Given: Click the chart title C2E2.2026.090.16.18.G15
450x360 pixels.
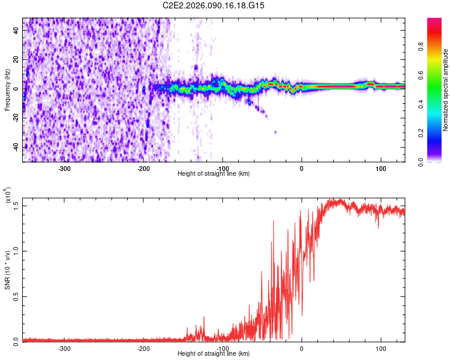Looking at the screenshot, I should tap(214, 5).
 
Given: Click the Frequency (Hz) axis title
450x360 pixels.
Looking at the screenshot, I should tap(7, 89).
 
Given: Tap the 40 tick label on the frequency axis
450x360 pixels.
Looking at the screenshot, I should tap(16, 31).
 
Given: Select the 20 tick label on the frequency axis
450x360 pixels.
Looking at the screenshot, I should tap(16, 60).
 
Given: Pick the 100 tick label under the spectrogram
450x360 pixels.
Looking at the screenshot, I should tap(380, 168).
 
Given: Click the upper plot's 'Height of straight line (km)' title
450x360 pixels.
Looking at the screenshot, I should tap(214, 174).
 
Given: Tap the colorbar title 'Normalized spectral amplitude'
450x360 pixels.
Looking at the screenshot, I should tap(446, 89).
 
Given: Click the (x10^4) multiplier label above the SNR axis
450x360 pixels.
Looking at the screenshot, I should tap(8, 196).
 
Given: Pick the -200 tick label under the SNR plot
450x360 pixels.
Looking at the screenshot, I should tap(143, 348).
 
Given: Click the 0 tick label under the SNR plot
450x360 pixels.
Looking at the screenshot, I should tap(302, 348).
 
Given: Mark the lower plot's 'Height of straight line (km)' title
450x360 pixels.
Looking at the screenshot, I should tap(214, 354).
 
